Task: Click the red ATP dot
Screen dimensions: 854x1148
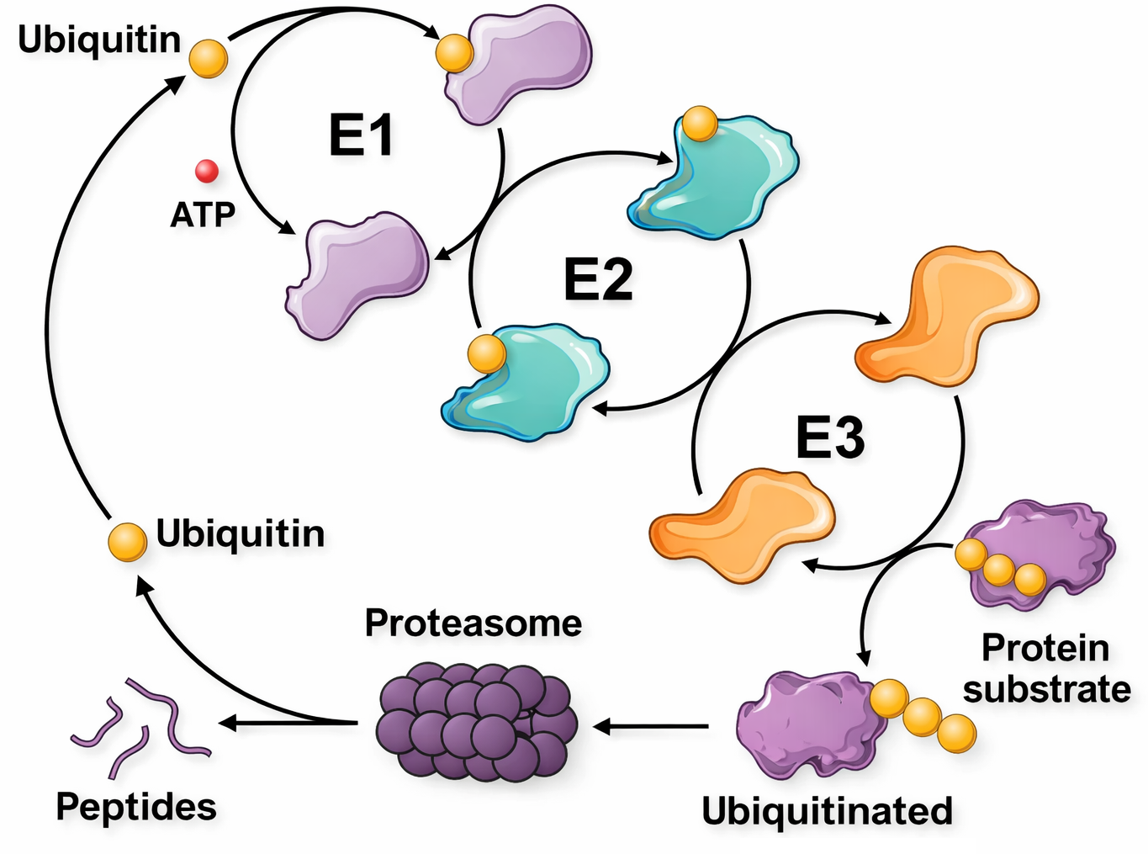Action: [207, 172]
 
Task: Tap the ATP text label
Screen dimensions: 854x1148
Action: [203, 215]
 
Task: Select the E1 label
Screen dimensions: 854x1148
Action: [361, 135]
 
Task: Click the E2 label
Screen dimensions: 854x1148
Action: [598, 280]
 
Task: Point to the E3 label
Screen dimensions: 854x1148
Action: [830, 438]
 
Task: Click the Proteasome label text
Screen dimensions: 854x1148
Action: [473, 623]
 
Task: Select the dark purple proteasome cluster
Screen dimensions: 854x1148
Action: [476, 720]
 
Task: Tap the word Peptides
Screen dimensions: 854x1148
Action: [136, 806]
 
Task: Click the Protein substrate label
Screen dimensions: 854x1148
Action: [1047, 669]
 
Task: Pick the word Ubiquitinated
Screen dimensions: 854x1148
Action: [828, 811]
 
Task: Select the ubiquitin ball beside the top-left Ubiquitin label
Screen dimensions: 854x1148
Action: [208, 58]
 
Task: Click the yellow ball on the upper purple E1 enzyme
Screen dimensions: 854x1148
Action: [455, 53]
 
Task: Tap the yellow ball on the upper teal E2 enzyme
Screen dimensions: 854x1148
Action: [700, 125]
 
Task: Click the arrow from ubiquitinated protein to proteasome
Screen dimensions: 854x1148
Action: [652, 726]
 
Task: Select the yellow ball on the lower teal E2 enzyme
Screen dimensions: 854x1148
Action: [486, 353]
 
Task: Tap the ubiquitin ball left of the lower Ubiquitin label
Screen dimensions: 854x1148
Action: [128, 542]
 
